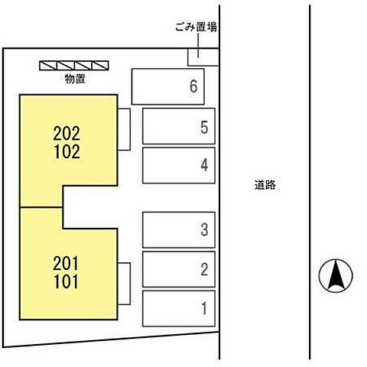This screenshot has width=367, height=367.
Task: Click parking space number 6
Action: tap(168, 86)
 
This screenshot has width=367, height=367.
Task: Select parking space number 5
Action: tap(179, 126)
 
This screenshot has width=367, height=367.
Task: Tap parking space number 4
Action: tap(179, 165)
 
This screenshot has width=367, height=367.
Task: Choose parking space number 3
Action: tap(179, 229)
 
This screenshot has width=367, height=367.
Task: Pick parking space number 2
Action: tap(179, 269)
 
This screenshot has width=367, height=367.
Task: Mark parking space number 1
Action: tap(179, 308)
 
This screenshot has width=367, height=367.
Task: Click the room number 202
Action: tap(67, 133)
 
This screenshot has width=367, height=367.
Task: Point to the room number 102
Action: tap(67, 151)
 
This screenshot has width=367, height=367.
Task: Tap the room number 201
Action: tap(66, 263)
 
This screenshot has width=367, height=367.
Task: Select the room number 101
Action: tap(66, 281)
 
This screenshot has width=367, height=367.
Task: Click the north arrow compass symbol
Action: tap(336, 276)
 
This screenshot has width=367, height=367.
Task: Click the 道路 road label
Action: tap(265, 185)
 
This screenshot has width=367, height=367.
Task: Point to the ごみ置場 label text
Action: tap(196, 27)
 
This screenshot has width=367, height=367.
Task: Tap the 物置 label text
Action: tap(75, 79)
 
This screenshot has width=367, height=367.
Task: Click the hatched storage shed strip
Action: tap(74, 66)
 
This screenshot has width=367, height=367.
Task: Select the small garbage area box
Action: tap(203, 57)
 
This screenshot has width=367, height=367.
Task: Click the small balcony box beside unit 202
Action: tap(124, 129)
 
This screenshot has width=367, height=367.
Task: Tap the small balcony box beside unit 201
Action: tap(124, 284)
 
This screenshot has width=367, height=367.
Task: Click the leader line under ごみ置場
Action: tap(198, 46)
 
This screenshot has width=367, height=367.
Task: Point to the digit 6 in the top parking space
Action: tap(193, 86)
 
